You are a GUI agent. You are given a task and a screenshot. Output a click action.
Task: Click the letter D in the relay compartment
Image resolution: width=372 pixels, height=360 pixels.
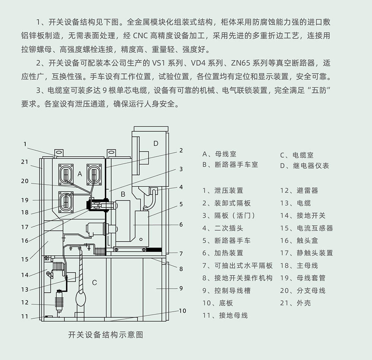click(155, 144)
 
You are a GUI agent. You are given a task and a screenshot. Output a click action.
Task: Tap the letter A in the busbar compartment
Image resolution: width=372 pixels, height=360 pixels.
click(80, 174)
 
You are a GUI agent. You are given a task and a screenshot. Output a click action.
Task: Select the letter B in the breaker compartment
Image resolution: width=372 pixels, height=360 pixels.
click(123, 195)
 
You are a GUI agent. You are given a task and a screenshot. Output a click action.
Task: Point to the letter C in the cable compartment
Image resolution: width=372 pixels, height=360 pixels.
click(94, 283)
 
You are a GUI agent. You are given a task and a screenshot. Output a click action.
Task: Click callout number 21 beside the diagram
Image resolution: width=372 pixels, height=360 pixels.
click(25, 162)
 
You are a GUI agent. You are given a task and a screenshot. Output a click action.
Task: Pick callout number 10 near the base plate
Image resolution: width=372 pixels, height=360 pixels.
click(182, 311)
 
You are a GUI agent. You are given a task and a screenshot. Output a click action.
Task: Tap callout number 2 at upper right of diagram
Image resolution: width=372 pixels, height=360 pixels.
click(181, 150)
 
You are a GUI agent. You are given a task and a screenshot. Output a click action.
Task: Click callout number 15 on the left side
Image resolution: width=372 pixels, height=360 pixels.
click(25, 260)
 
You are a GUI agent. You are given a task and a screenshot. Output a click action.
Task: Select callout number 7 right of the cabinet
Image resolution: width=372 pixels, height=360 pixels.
click(181, 254)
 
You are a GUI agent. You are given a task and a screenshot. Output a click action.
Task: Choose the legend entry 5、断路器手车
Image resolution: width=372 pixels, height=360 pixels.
click(226, 241)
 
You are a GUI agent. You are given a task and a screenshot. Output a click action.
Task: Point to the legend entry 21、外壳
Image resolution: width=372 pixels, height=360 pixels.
click(295, 303)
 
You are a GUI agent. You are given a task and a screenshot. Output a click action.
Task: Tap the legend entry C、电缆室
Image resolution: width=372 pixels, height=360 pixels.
click(297, 155)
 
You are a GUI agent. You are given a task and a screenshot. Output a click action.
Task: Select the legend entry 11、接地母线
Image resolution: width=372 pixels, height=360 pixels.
click(225, 315)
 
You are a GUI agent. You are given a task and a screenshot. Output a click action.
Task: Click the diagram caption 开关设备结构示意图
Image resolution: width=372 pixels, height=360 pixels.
click(106, 335)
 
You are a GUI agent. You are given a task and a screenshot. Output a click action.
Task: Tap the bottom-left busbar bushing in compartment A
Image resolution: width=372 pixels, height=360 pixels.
click(66, 202)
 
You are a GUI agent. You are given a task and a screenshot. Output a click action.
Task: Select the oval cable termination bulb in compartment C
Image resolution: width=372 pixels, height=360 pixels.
click(80, 298)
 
